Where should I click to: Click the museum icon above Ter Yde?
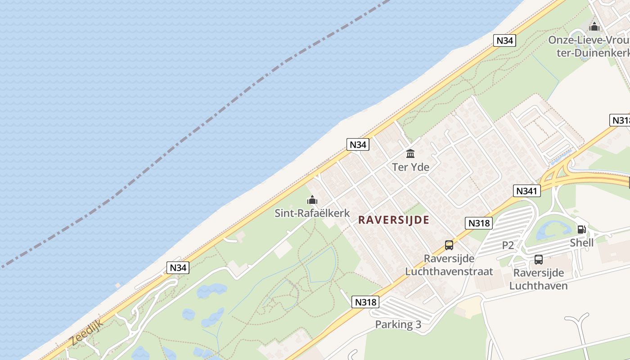click(410, 154)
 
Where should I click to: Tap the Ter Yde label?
click(410, 167)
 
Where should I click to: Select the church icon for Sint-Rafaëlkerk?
click(312, 200)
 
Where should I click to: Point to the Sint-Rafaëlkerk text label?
click(312, 213)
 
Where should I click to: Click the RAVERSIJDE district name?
click(394, 220)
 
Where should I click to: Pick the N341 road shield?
click(526, 191)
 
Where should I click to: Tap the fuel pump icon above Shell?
click(581, 229)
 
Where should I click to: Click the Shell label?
click(581, 243)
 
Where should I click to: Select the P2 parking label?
click(508, 245)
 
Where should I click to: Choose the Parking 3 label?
click(398, 324)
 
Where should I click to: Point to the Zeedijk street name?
click(87, 333)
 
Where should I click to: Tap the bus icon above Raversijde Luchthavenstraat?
click(449, 245)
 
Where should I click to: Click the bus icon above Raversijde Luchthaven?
click(538, 259)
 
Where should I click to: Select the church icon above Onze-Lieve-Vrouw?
click(594, 27)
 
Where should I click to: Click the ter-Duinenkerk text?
click(592, 53)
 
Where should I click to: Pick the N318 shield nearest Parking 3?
click(365, 302)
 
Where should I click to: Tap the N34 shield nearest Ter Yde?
click(358, 144)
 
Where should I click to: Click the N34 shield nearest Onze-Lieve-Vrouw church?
click(504, 40)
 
